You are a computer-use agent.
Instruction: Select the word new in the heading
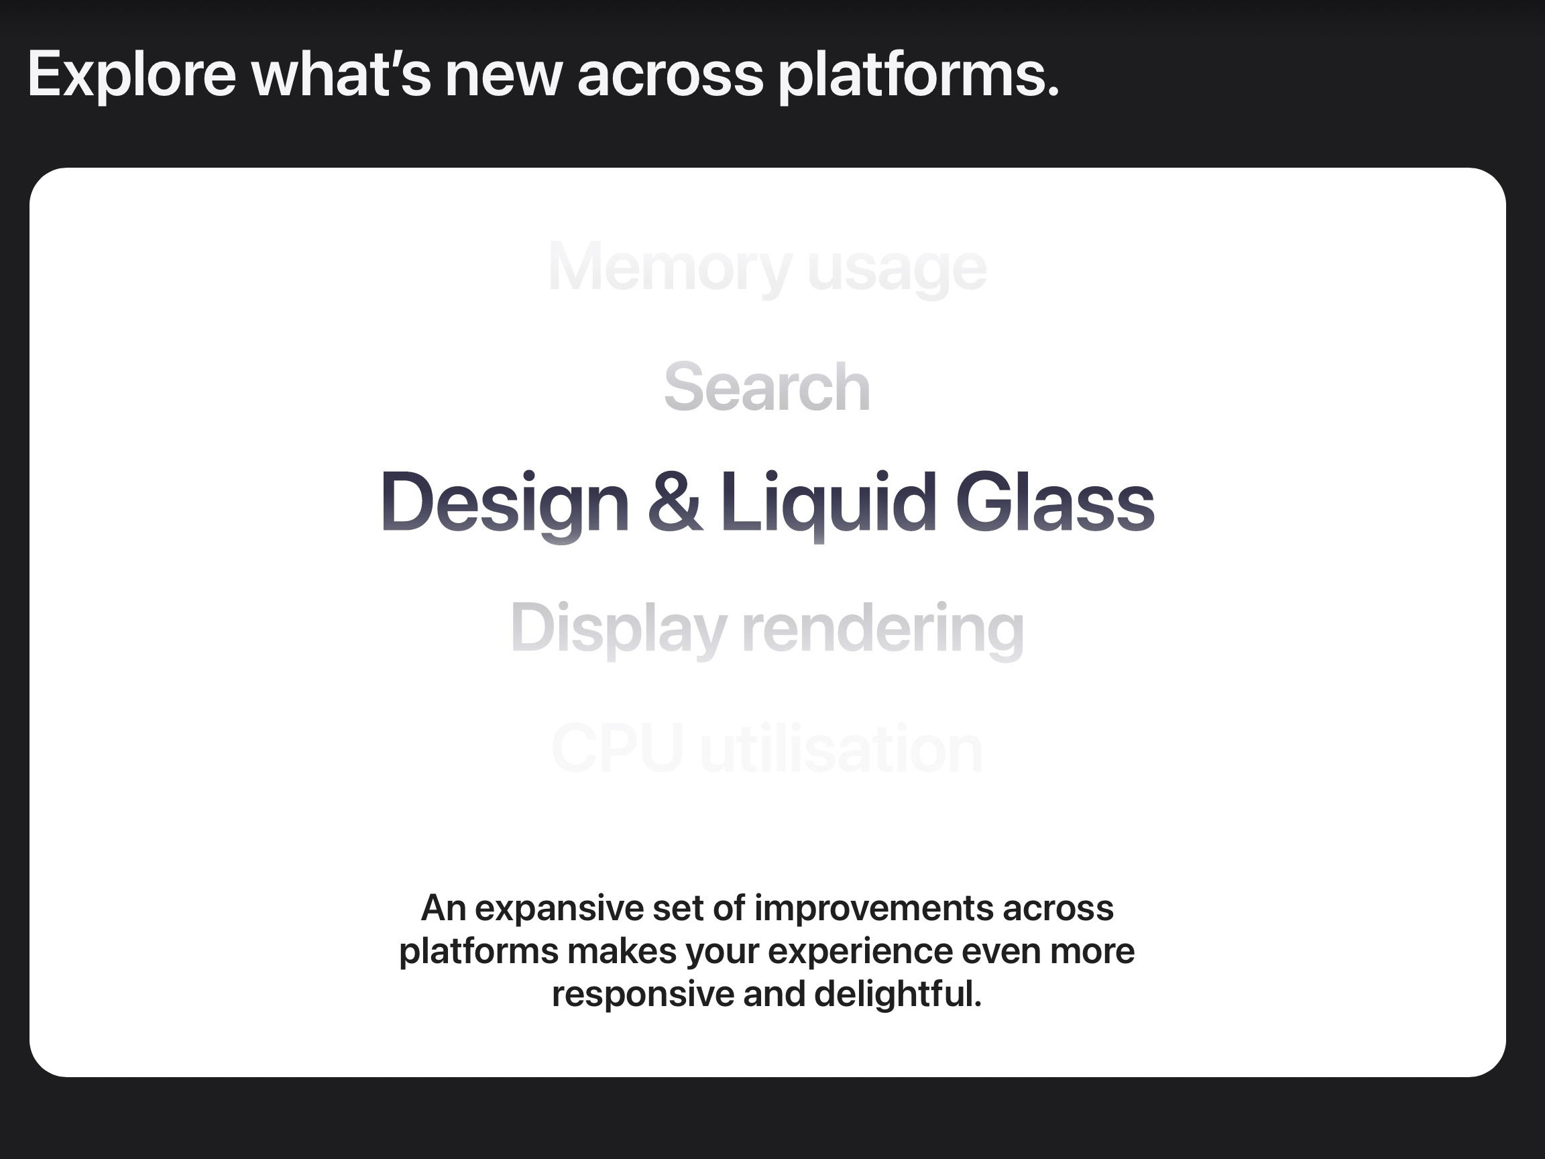coord(504,80)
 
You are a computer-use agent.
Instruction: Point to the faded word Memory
coord(670,268)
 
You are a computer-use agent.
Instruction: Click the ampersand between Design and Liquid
coord(675,502)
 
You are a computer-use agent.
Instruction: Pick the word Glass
coord(1055,501)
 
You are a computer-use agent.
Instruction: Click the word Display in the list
coord(619,628)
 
